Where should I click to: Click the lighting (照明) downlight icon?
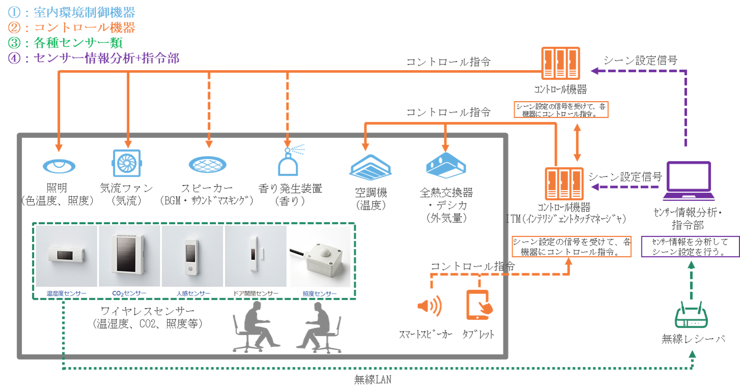pos(60,165)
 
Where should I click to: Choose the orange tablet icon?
pos(478,305)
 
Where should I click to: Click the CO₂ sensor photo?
pos(129,257)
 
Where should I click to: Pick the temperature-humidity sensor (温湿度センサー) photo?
pos(66,257)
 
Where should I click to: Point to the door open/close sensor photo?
pos(256,257)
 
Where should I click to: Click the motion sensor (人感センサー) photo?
pos(192,257)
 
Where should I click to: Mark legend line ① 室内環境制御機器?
pos(68,11)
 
